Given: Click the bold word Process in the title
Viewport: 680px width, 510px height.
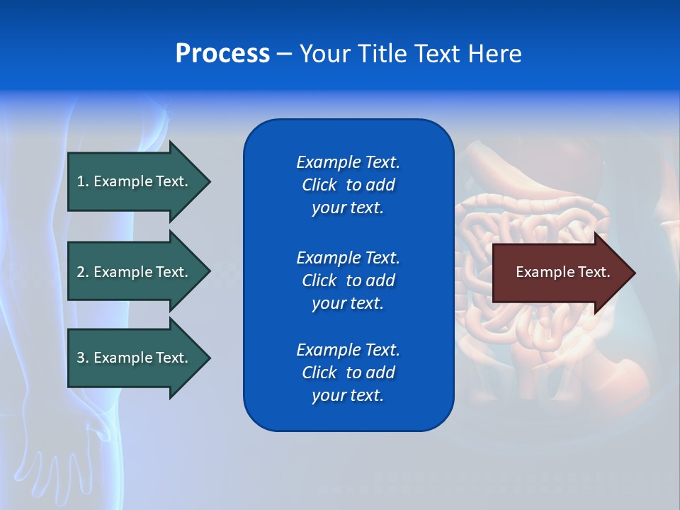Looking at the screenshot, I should (x=222, y=54).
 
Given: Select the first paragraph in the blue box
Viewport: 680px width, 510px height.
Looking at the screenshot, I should (x=348, y=185).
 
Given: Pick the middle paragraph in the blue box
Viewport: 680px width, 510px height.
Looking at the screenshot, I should (x=348, y=280).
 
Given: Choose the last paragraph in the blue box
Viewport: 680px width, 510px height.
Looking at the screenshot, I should (x=348, y=373).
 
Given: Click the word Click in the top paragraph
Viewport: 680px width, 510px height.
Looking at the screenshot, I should (x=319, y=186).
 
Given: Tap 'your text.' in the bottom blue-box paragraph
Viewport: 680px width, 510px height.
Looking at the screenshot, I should (x=348, y=395).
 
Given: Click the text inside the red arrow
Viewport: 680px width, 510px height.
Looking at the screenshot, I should (x=563, y=272).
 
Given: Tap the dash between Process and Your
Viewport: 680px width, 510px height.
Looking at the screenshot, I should (x=284, y=55).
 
